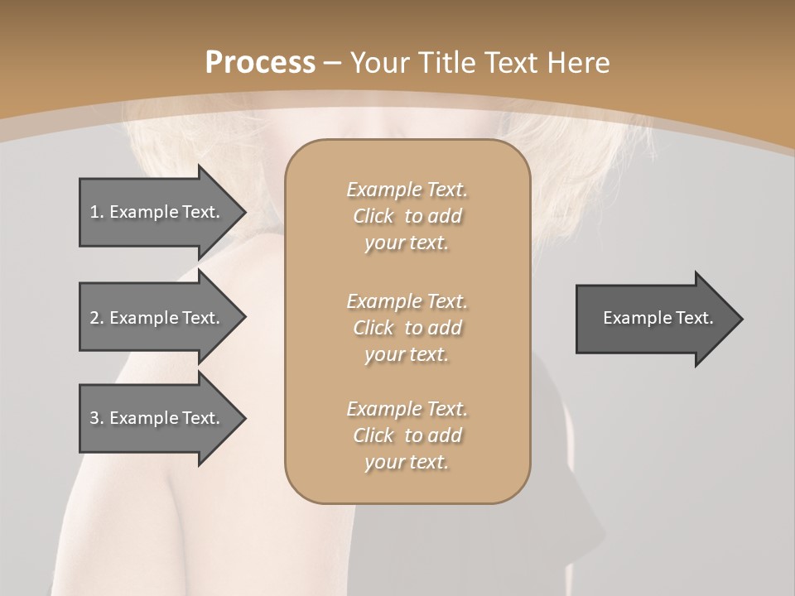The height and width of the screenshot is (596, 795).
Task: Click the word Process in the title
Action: click(x=260, y=63)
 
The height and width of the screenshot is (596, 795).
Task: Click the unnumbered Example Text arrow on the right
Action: click(x=658, y=318)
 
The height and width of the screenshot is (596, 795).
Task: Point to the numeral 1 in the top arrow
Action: click(x=94, y=212)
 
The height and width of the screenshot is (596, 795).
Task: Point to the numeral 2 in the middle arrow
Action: click(x=94, y=318)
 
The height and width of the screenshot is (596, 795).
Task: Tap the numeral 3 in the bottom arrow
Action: click(x=94, y=418)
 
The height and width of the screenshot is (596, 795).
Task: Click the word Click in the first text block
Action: click(x=373, y=216)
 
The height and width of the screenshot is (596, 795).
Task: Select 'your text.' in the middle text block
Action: click(x=406, y=354)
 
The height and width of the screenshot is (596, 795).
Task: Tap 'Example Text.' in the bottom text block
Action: click(x=407, y=409)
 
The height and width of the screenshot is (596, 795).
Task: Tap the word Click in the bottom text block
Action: click(x=373, y=435)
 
